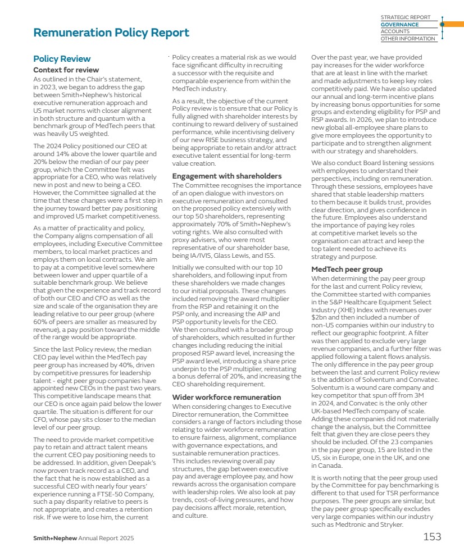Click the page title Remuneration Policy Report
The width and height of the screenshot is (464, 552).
pyautogui.click(x=111, y=33)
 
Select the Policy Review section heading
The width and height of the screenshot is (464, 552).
pyautogui.click(x=62, y=59)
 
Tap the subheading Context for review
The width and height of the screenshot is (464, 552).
pyautogui.click(x=66, y=70)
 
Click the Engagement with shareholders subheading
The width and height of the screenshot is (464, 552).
pyautogui.click(x=227, y=176)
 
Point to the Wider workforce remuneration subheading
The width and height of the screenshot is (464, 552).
pyautogui.click(x=226, y=397)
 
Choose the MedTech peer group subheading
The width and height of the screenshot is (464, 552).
pyautogui.click(x=347, y=270)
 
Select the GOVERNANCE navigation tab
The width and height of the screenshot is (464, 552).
pyautogui.click(x=400, y=25)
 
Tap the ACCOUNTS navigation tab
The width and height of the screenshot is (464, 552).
pyautogui.click(x=395, y=32)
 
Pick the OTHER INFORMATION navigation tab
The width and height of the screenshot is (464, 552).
pyautogui.click(x=408, y=39)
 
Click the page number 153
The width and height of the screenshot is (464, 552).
pyautogui.click(x=431, y=537)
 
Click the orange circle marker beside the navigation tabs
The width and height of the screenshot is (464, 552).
pyautogui.click(x=442, y=25)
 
